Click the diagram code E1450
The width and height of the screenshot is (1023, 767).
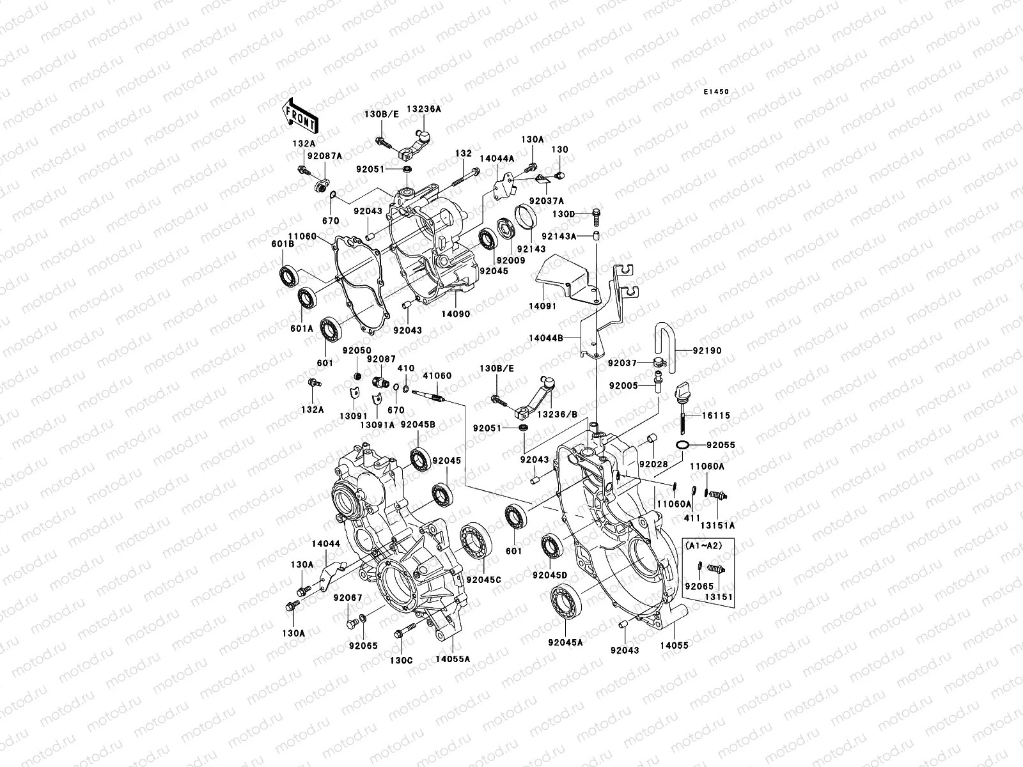(716, 92)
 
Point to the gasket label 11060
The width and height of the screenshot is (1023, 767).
(302, 236)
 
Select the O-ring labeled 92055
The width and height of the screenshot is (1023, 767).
(682, 445)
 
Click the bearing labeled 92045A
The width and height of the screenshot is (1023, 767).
(566, 601)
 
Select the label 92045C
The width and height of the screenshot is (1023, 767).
(483, 579)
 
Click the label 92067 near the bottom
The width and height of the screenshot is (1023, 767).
(348, 598)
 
